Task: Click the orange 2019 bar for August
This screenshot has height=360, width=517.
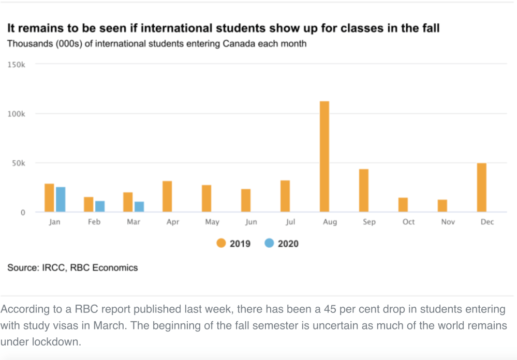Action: (x=324, y=156)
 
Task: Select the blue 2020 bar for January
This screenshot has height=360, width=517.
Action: (x=61, y=199)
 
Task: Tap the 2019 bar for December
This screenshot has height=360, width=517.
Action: (x=482, y=187)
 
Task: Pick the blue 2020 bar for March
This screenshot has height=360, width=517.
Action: (x=139, y=206)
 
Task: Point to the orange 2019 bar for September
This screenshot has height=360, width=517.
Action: (x=364, y=190)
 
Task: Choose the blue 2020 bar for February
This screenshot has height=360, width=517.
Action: (x=100, y=206)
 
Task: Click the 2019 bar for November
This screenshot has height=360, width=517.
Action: (x=442, y=205)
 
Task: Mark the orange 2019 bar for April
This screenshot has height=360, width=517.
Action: (x=167, y=197)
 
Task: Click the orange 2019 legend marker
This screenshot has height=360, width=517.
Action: (x=221, y=243)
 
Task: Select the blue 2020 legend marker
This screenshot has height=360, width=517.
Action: (x=269, y=243)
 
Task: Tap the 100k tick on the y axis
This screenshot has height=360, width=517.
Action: (x=17, y=113)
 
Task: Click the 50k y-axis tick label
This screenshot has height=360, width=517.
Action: (x=18, y=163)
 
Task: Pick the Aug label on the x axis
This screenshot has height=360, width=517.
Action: (x=330, y=222)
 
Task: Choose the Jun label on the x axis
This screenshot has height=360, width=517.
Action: (x=251, y=222)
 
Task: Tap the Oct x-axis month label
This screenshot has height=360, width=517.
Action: (x=408, y=222)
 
